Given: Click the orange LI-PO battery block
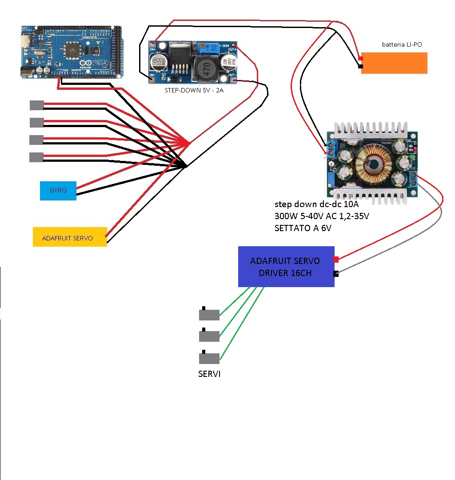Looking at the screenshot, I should tap(394, 63).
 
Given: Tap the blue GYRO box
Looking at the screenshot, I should tap(58, 190).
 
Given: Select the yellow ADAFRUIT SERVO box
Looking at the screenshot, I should tap(70, 237).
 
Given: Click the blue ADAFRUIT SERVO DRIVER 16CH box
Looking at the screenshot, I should tap(286, 267).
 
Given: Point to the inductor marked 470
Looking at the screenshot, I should tap(206, 70).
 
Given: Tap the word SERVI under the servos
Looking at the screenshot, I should tap(209, 374).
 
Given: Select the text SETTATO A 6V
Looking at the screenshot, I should tap(303, 228).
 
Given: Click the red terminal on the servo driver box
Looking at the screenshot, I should tap(336, 259).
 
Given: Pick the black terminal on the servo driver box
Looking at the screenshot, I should tap(336, 274).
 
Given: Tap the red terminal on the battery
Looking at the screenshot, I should tap(360, 58).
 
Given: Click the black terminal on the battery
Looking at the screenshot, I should tap(360, 67).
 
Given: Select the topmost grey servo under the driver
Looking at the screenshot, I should tap(209, 315).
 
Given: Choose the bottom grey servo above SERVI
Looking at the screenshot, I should tap(209, 358).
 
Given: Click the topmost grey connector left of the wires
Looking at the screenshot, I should tap(36, 105).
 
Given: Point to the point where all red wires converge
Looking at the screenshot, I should tap(189, 143).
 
